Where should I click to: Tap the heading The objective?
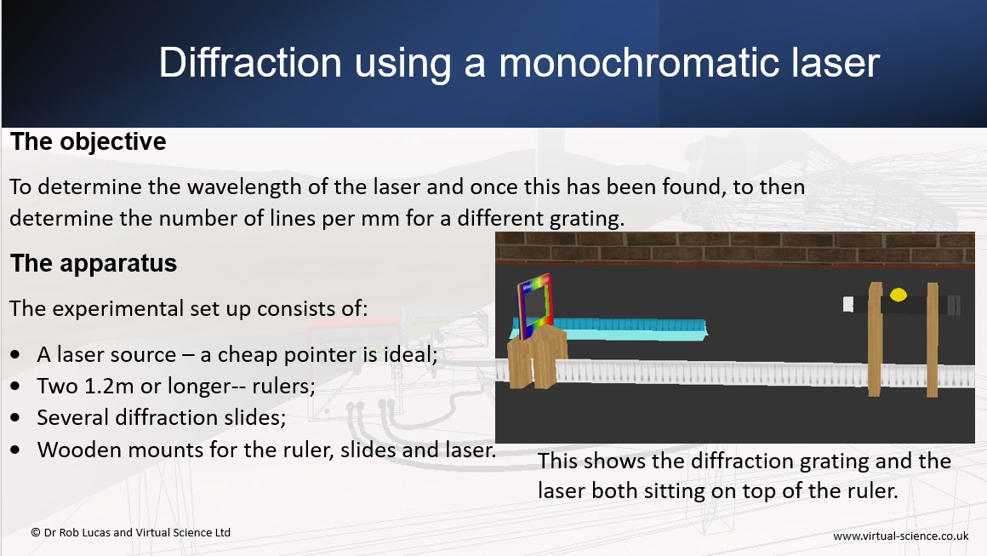(88, 142)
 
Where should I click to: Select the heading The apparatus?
(93, 263)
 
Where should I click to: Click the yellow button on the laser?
(899, 294)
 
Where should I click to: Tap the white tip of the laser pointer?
(848, 304)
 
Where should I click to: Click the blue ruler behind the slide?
(623, 329)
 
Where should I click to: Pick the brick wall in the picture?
(734, 248)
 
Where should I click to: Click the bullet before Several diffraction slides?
(15, 417)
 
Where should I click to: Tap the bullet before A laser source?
(15, 354)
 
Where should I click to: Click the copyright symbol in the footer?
(36, 533)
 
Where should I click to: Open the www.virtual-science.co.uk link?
(901, 536)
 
